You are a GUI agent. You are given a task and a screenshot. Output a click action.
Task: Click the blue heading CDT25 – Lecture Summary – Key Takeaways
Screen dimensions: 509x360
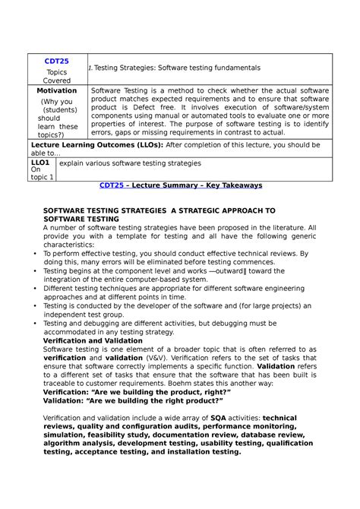[181, 185]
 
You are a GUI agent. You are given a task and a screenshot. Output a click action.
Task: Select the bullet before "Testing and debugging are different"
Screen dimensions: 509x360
[36, 324]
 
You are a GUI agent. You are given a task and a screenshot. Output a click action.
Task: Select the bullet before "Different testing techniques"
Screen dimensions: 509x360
[36, 288]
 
